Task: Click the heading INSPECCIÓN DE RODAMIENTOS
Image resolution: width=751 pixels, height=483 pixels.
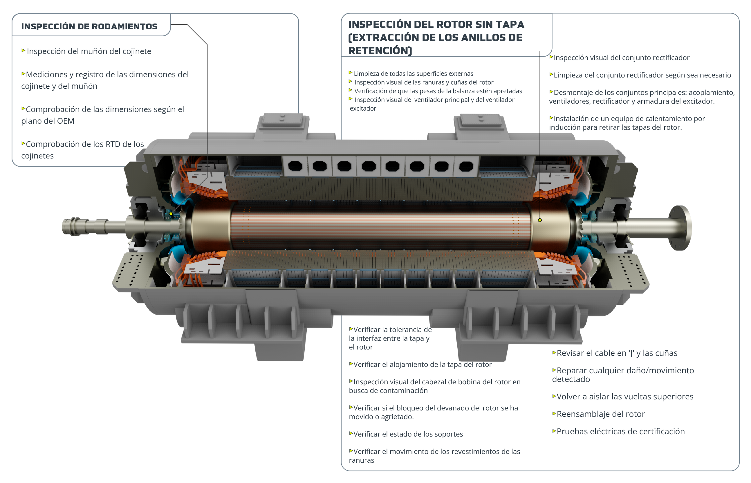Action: click(x=89, y=26)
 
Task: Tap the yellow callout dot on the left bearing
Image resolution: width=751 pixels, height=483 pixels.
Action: click(x=171, y=214)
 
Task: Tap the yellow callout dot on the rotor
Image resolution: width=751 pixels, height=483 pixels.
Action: click(x=540, y=220)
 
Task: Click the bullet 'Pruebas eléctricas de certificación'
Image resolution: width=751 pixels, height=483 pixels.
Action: click(x=618, y=432)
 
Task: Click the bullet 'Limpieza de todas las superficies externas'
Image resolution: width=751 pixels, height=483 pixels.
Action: click(x=411, y=74)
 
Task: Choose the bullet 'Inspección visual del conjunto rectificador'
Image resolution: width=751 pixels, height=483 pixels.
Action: click(x=619, y=58)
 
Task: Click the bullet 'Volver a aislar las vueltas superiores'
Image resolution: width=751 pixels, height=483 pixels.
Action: click(x=623, y=397)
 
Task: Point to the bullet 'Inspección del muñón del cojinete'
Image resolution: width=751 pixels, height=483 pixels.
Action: click(x=86, y=51)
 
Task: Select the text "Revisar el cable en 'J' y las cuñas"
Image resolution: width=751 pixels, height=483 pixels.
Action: click(x=615, y=353)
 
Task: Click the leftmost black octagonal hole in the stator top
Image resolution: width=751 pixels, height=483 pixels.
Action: click(x=295, y=166)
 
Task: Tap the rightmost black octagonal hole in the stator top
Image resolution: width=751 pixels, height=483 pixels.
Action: click(x=466, y=166)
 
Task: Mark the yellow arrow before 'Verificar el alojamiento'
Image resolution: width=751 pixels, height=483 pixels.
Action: click(x=351, y=364)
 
